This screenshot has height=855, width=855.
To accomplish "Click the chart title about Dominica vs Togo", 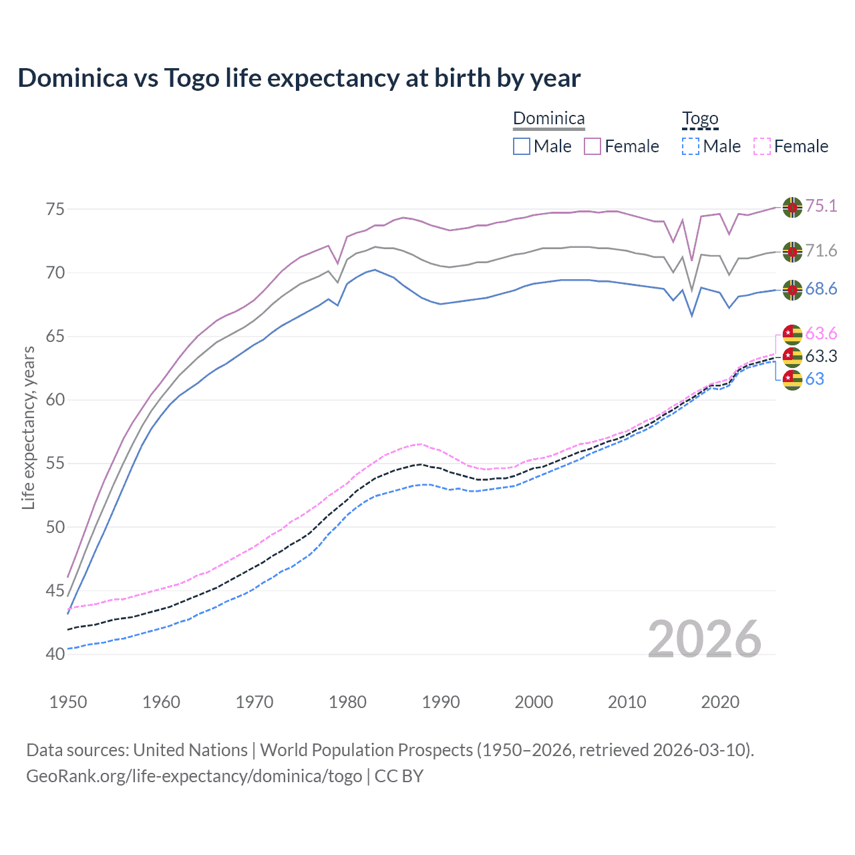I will point(299,78).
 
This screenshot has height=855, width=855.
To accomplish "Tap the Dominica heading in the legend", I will point(548,118).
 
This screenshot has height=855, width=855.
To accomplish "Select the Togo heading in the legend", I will point(699,118).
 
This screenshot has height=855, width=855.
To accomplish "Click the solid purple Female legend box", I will point(592,146).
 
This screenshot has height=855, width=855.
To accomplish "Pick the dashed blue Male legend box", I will point(691,146).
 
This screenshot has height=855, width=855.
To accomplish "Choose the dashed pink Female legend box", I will point(762,146).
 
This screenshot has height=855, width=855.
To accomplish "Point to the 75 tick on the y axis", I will point(55,209).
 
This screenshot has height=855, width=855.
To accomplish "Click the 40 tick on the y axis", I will point(55,654).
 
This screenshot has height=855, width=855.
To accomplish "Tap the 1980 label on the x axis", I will point(347,702).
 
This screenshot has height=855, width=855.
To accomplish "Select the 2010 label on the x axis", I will point(627,702).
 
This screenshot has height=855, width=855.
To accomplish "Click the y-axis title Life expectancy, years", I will point(28,427).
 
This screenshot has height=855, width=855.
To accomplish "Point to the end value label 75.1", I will point(821,206).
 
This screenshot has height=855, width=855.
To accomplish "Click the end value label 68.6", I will point(821,289).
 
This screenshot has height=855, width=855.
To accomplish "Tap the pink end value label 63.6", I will point(821,333).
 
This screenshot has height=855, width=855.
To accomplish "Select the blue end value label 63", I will point(814,379).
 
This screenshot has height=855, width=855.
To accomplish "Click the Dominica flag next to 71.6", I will point(792,252).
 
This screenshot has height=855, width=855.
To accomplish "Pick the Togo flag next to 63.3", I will point(792,357).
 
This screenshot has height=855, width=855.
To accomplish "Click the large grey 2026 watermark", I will point(704,639).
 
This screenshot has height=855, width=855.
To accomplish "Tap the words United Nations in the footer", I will point(190,750).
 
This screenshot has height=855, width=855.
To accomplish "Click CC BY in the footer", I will point(399,776).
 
